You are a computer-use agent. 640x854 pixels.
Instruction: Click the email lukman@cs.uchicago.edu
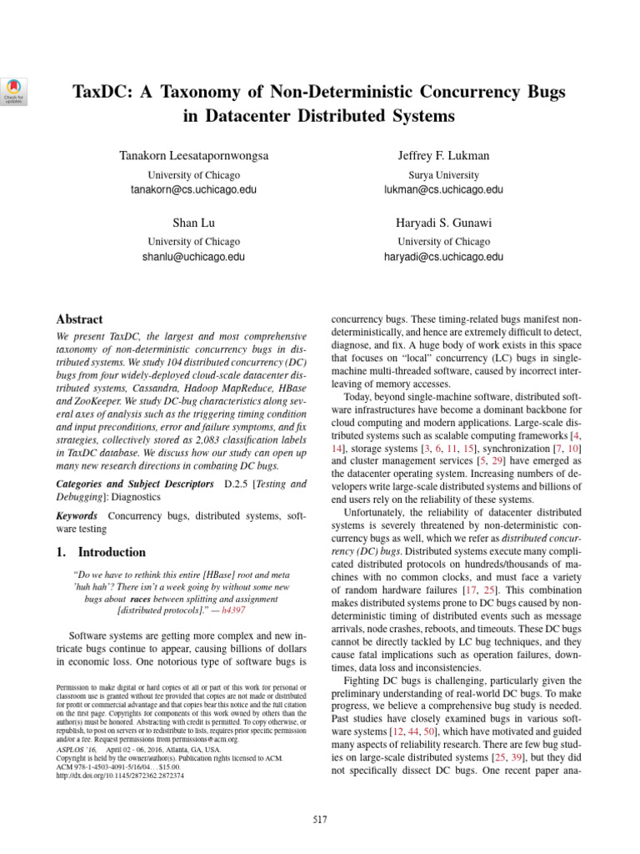coord(443,190)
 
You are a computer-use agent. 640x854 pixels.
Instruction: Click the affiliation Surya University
coord(443,175)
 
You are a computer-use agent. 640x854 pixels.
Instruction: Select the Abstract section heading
coord(79,319)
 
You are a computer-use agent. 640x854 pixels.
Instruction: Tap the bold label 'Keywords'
coord(79,517)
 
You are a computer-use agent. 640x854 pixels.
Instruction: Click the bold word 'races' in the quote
coord(141,599)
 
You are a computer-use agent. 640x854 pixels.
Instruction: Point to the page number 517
coord(319,821)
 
